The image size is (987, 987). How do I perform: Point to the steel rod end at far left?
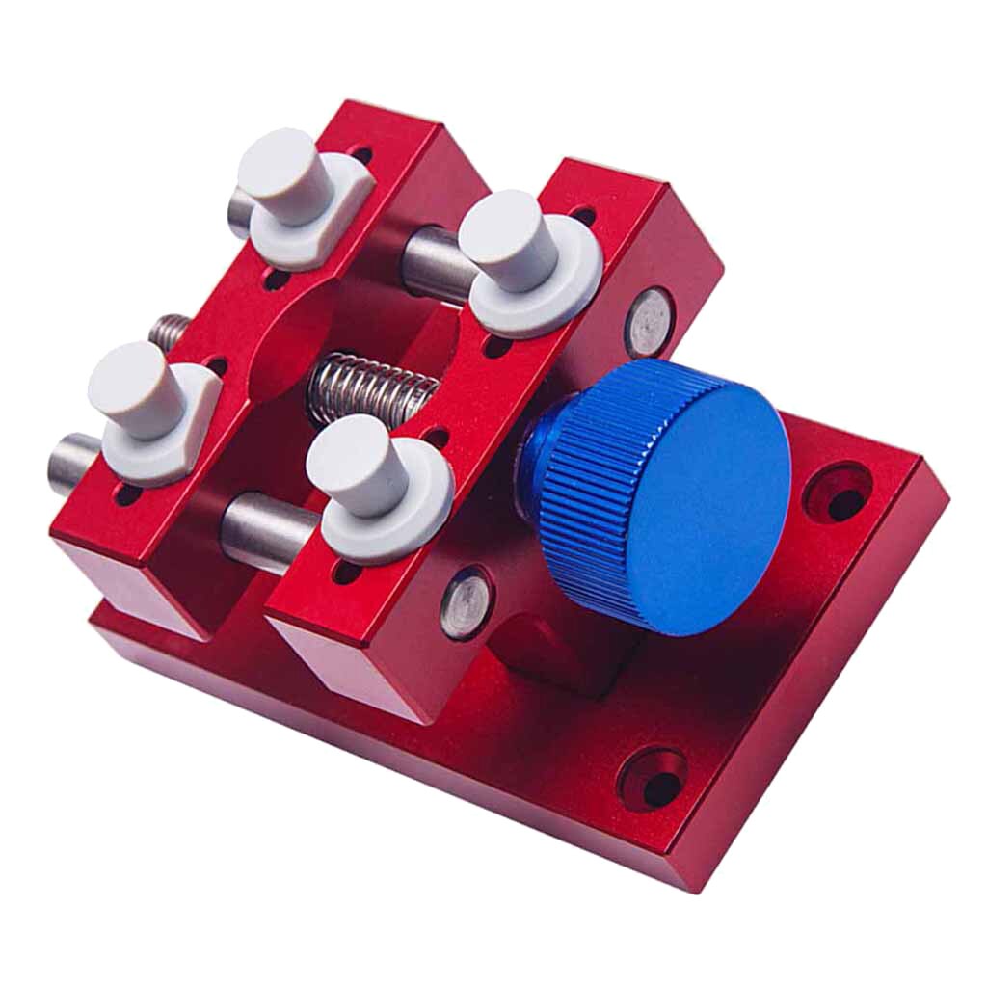pyautogui.click(x=67, y=465)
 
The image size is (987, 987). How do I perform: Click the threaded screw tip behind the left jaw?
pyautogui.click(x=170, y=333)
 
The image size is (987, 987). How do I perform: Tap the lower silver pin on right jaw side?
pyautogui.click(x=466, y=602)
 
